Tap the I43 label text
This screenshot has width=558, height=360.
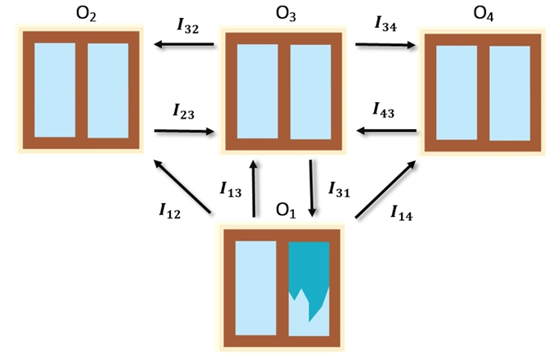pos(384,110)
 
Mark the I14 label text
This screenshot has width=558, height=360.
pos(401,214)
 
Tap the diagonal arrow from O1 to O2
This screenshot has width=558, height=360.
pos(183,187)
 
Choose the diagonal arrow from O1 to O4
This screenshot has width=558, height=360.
pos(385,189)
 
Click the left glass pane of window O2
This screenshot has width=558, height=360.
pos(54,89)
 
